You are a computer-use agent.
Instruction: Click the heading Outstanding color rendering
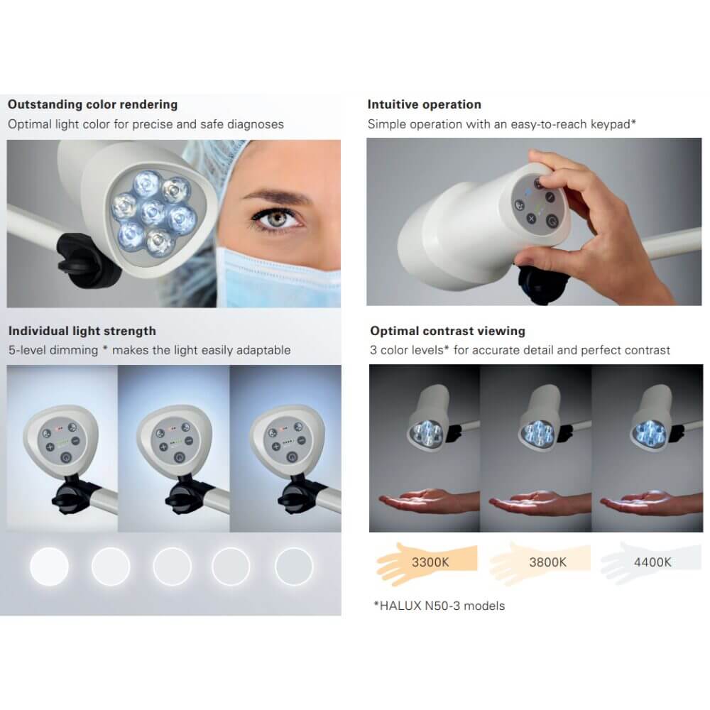tap(93, 104)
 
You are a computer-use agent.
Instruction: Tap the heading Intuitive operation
tap(425, 104)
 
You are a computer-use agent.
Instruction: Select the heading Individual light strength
tap(82, 331)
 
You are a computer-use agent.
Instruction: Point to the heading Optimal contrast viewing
tap(448, 331)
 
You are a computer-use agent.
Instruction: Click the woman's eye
tap(277, 219)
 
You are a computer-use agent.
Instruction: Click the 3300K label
tap(430, 562)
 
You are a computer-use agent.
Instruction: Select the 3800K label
tap(548, 562)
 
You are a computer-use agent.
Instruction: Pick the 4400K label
tap(652, 562)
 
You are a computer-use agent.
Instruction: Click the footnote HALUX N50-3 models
tap(439, 606)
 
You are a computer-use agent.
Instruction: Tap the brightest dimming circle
tap(50, 566)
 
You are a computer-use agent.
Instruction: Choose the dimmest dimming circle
tap(294, 566)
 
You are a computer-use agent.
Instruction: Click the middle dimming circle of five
tap(172, 566)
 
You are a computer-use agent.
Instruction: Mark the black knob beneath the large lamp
tap(84, 258)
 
